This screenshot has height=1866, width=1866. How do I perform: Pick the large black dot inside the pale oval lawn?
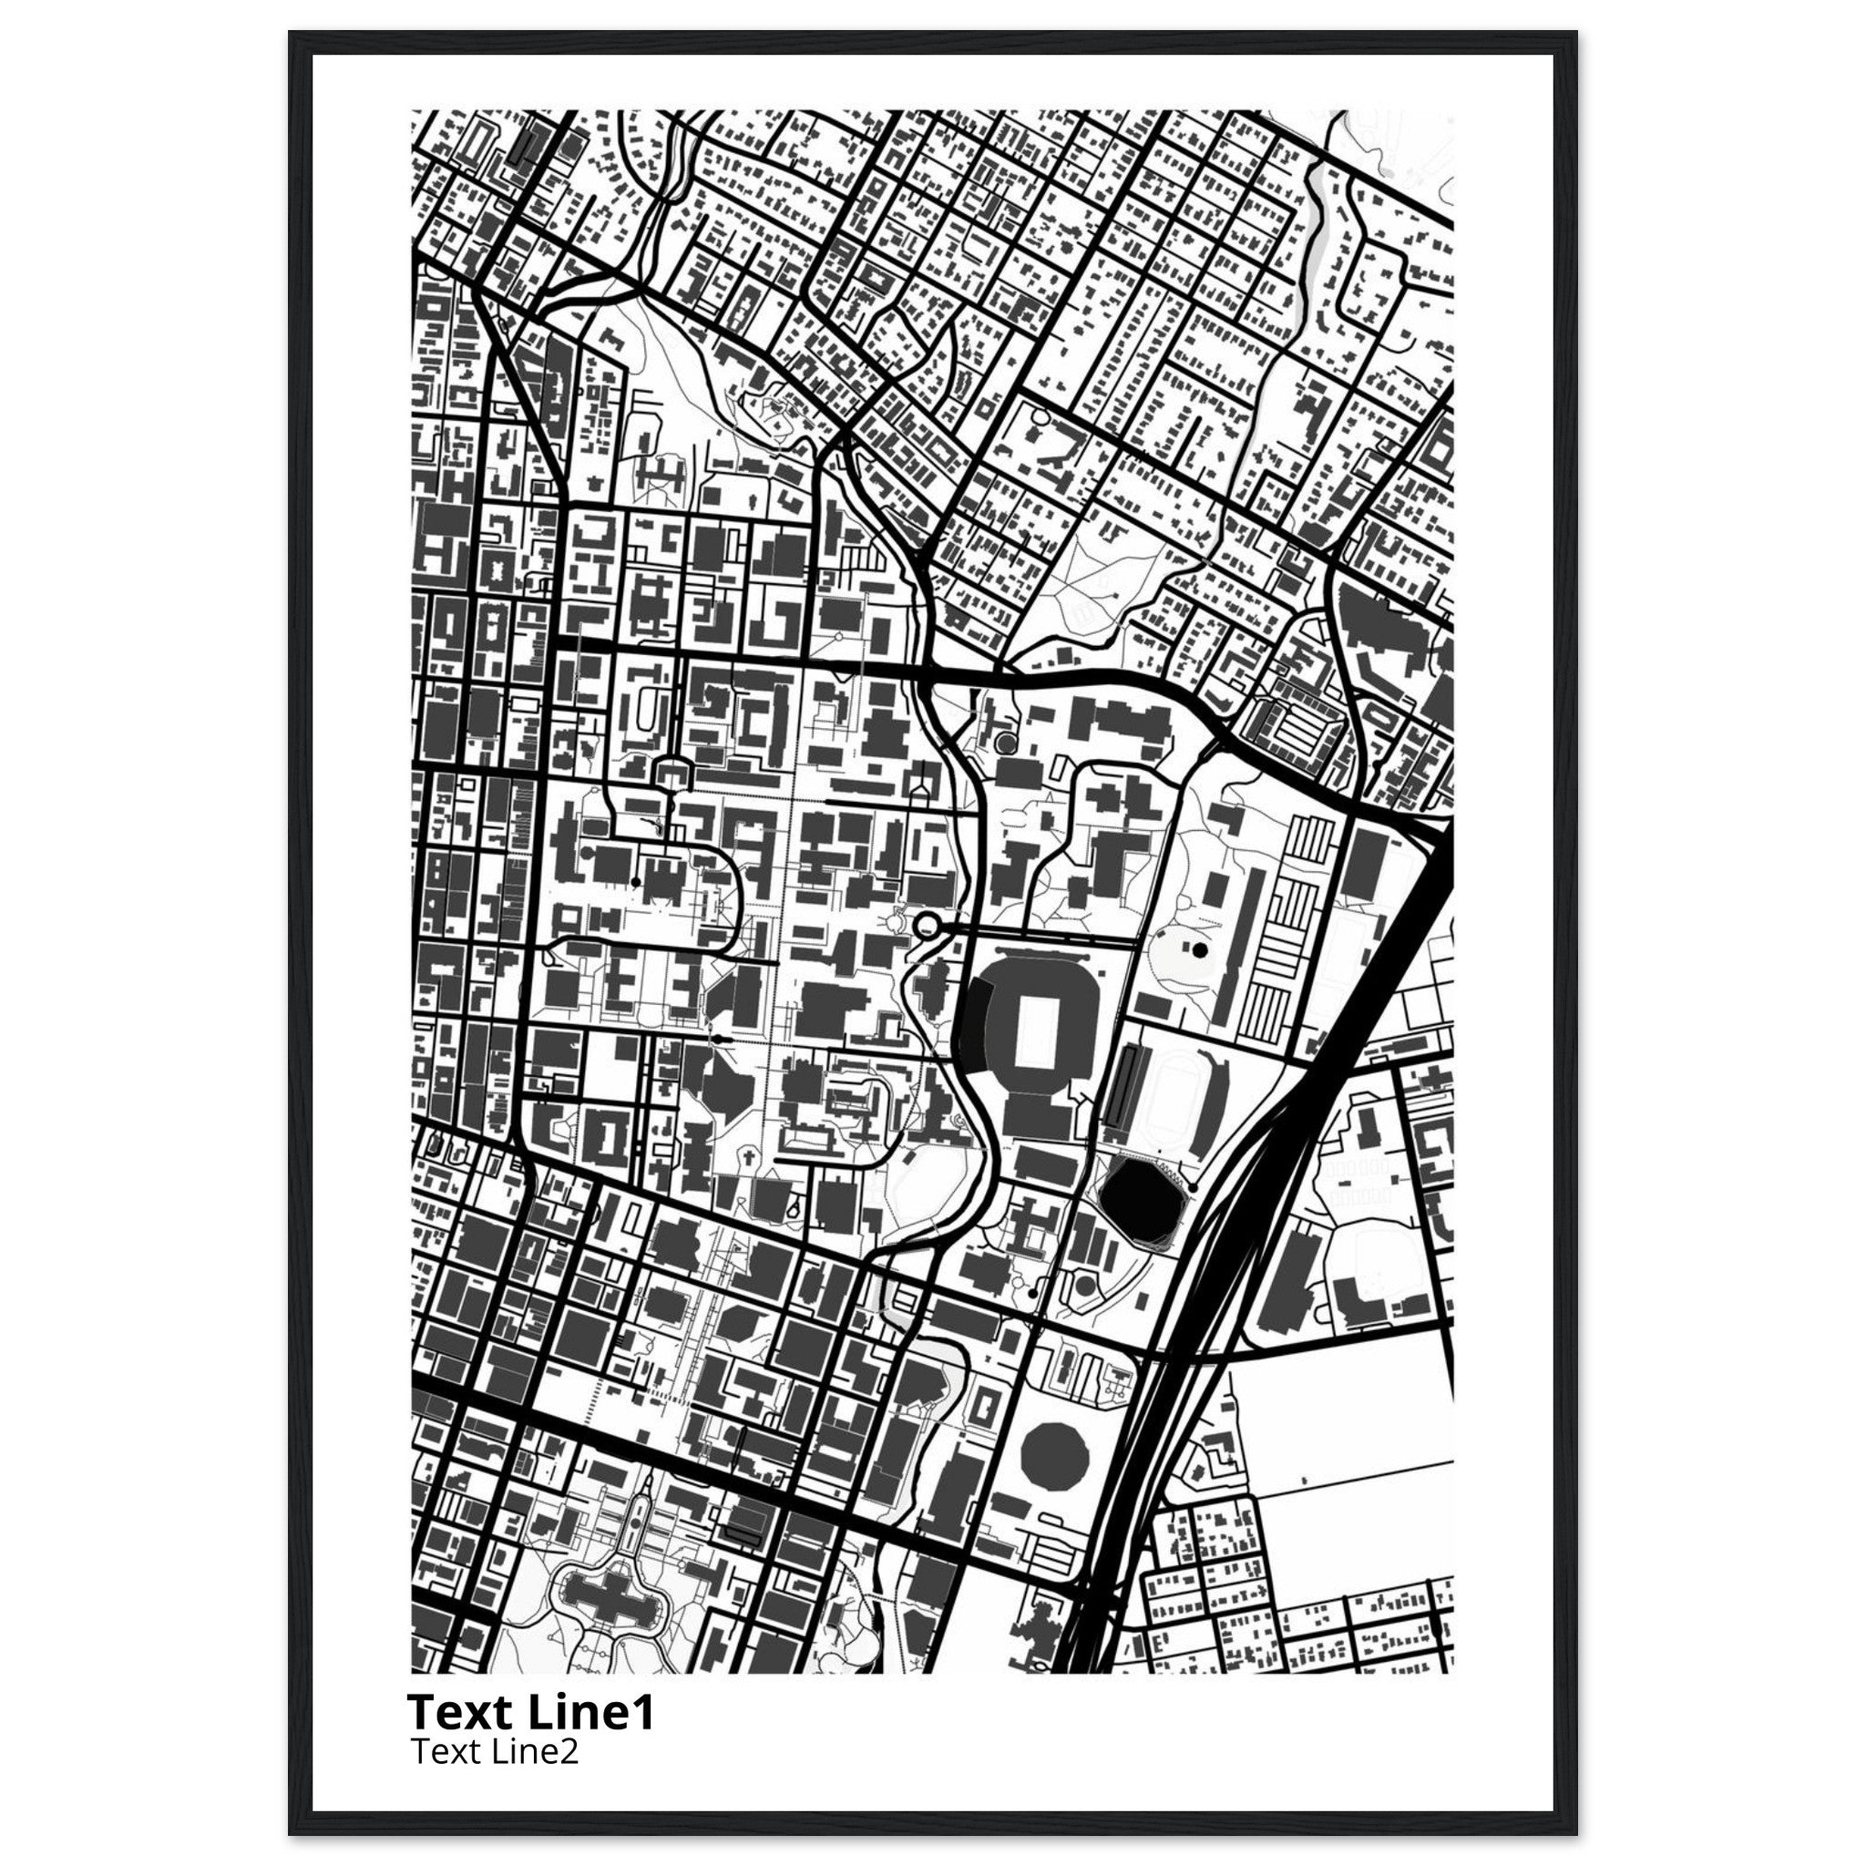pos(1200,950)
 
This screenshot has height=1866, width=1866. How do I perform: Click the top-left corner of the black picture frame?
pos(291,33)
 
